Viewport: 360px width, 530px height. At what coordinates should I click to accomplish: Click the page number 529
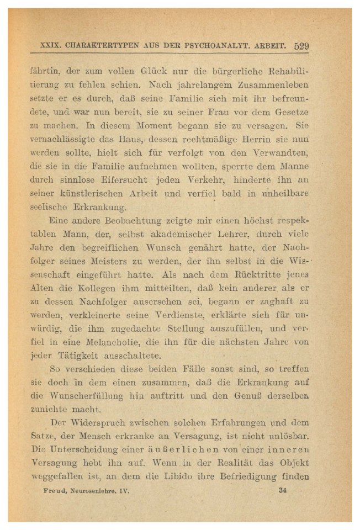[301, 46]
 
